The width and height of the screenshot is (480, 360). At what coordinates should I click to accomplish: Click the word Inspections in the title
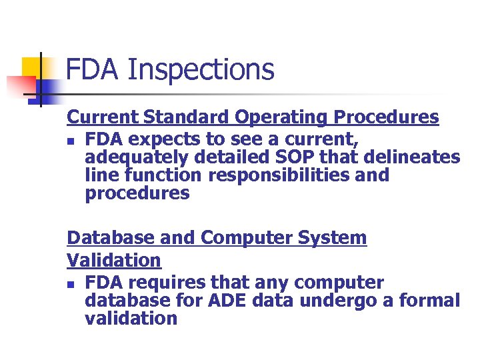199,70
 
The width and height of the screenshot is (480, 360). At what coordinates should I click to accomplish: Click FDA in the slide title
93,70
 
